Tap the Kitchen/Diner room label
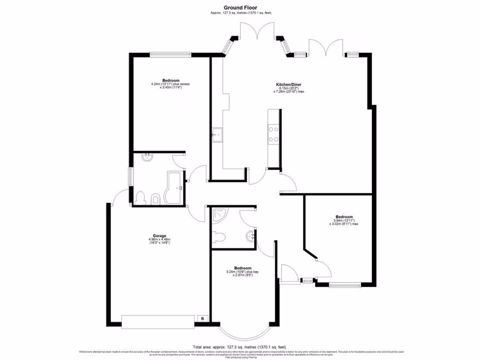(288, 85)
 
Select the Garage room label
(159, 236)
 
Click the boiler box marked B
(202, 318)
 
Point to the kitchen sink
(217, 135)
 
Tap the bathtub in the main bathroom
(174, 188)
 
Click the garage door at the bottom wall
(157, 322)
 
